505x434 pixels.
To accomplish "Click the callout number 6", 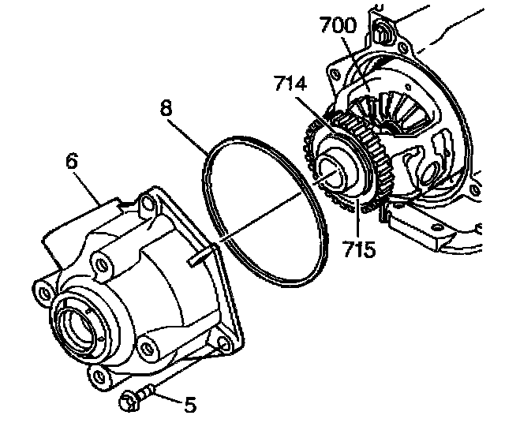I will click(72, 163).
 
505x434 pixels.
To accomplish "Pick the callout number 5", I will click(190, 406).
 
